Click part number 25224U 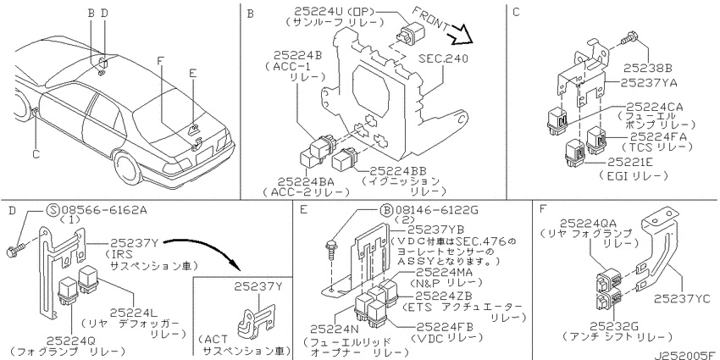pyautogui.click(x=309, y=10)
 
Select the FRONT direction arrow pyautogui.click(x=461, y=36)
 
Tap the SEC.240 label pyautogui.click(x=443, y=58)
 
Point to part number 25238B pyautogui.click(x=647, y=69)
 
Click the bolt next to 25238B pyautogui.click(x=630, y=41)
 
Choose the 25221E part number pyautogui.click(x=632, y=162)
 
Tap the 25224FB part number pyautogui.click(x=444, y=326)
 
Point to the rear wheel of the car pyautogui.click(x=125, y=166)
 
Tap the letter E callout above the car pyautogui.click(x=192, y=74)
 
